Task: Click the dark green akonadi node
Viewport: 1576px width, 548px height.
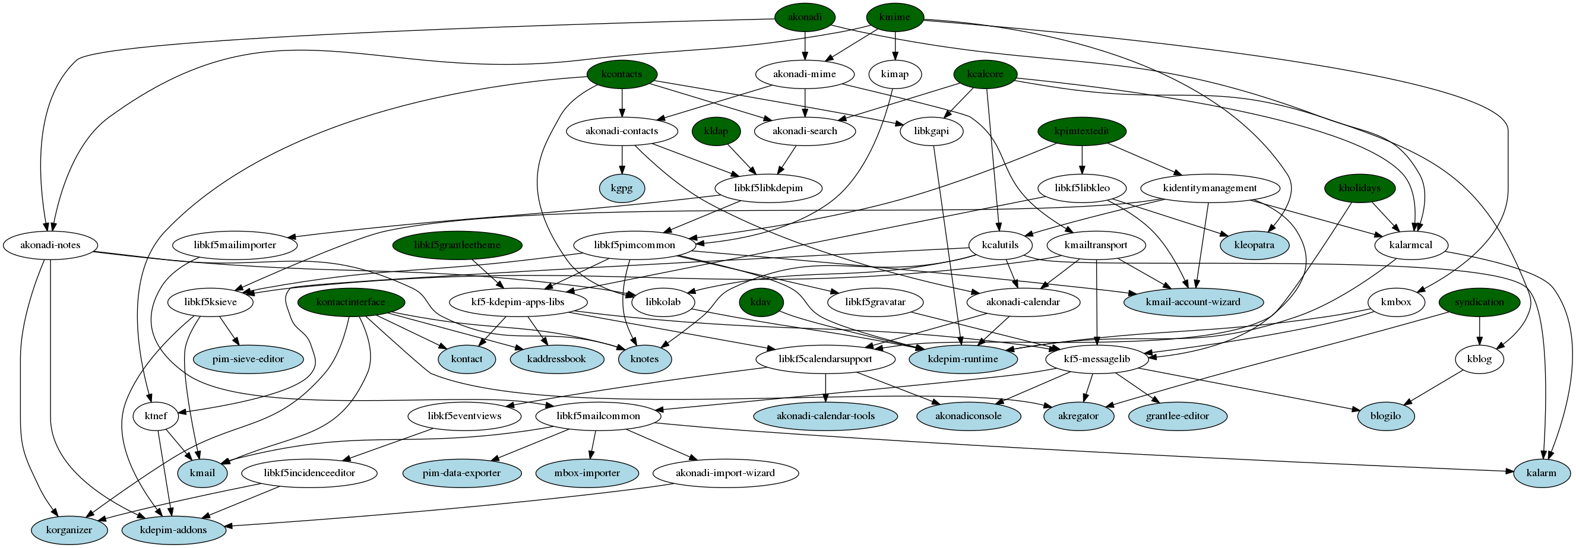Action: click(805, 17)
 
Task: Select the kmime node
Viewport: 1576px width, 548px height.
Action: click(894, 17)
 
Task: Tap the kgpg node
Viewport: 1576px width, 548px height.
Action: click(622, 188)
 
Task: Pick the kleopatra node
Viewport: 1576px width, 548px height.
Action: click(1254, 245)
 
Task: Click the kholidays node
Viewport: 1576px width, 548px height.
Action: click(1359, 188)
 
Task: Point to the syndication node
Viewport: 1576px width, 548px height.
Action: click(1479, 302)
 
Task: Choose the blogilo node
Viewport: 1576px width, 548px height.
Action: click(1386, 416)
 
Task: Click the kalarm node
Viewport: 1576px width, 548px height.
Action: click(1541, 473)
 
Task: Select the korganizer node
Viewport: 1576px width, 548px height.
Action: click(69, 530)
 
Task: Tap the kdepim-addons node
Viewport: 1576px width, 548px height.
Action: click(174, 530)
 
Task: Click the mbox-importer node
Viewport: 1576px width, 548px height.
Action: click(587, 473)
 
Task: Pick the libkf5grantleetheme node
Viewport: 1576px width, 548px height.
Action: click(457, 245)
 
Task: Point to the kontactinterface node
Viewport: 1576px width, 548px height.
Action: click(350, 302)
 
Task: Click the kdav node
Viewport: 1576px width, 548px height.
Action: click(761, 302)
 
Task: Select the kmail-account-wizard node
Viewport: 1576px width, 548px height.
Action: click(1193, 302)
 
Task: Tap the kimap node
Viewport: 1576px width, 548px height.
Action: click(894, 74)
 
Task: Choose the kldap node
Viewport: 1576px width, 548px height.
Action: click(716, 131)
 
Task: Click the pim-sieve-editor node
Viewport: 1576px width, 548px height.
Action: click(248, 359)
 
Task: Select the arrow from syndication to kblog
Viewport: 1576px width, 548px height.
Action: click(1479, 331)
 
